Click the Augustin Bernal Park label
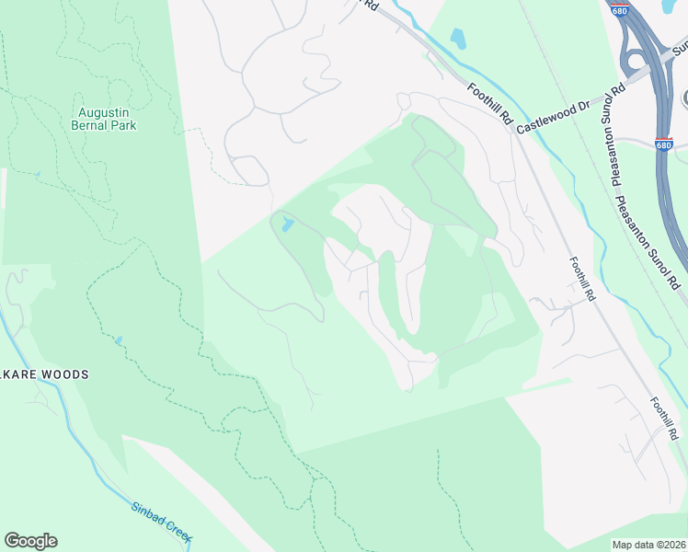(103, 118)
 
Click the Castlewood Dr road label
(553, 117)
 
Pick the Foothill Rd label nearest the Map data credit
(663, 418)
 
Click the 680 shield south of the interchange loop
(664, 144)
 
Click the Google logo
(30, 541)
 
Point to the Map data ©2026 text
(648, 545)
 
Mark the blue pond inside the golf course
(288, 224)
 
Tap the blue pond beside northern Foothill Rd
(457, 38)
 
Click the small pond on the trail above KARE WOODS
(118, 340)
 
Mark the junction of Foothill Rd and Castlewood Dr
(511, 129)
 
